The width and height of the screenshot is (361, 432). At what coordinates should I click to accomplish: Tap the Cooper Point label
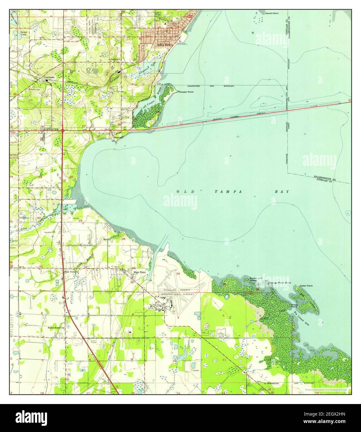click(186, 92)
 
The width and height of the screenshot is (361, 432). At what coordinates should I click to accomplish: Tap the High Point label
click(140, 272)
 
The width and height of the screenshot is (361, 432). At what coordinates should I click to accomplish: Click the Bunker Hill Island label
click(253, 279)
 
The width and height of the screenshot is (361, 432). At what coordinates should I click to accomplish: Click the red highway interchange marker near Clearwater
click(63, 131)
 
